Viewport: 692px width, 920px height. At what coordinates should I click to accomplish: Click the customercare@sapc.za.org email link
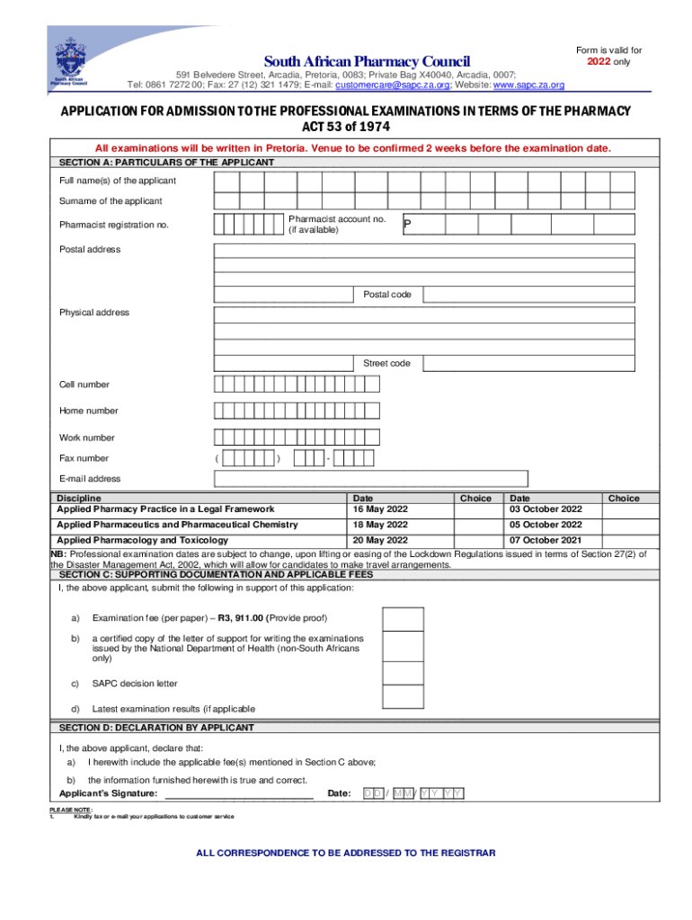pos(393,85)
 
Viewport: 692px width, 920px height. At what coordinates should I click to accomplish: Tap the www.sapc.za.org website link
pos(529,85)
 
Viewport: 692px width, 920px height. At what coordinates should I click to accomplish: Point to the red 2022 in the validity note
pos(598,62)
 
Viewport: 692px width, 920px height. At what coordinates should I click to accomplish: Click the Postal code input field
pos(528,295)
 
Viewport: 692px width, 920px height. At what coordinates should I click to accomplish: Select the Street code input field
pos(528,363)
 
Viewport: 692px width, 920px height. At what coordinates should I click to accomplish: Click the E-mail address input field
pos(370,478)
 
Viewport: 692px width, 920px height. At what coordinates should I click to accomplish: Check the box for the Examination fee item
pos(403,620)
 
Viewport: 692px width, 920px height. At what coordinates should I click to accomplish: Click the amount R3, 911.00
pos(235,618)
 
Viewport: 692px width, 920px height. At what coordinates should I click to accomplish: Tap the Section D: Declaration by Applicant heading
pos(156,728)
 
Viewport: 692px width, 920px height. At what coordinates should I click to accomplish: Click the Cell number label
pos(84,385)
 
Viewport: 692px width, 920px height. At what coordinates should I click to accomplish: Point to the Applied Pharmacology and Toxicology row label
pos(142,540)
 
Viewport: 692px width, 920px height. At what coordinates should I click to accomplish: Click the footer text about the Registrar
pos(345,853)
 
